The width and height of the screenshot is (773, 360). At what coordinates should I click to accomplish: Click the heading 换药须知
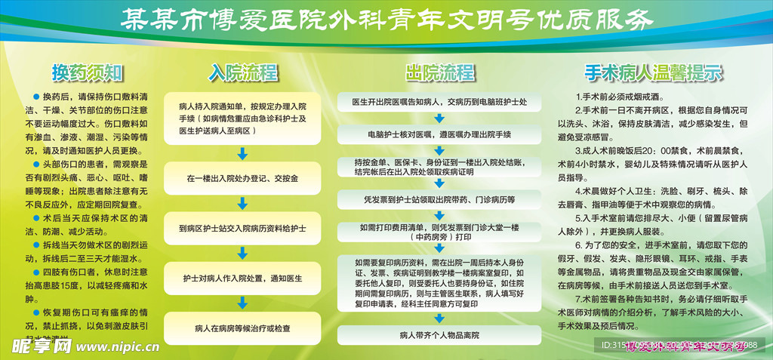(87, 72)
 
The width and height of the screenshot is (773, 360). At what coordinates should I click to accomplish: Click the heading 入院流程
(243, 72)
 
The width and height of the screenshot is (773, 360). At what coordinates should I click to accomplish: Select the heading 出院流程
(440, 72)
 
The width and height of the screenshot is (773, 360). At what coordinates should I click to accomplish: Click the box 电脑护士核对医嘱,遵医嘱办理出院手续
(440, 134)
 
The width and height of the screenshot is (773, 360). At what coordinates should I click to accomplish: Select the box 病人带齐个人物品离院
(440, 334)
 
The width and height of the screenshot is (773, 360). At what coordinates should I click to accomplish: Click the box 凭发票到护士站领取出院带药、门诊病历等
(440, 200)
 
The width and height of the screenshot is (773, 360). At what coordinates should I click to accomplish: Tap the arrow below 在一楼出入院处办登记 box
(242, 204)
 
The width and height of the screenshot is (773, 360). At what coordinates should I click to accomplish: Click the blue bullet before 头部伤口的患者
(36, 163)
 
